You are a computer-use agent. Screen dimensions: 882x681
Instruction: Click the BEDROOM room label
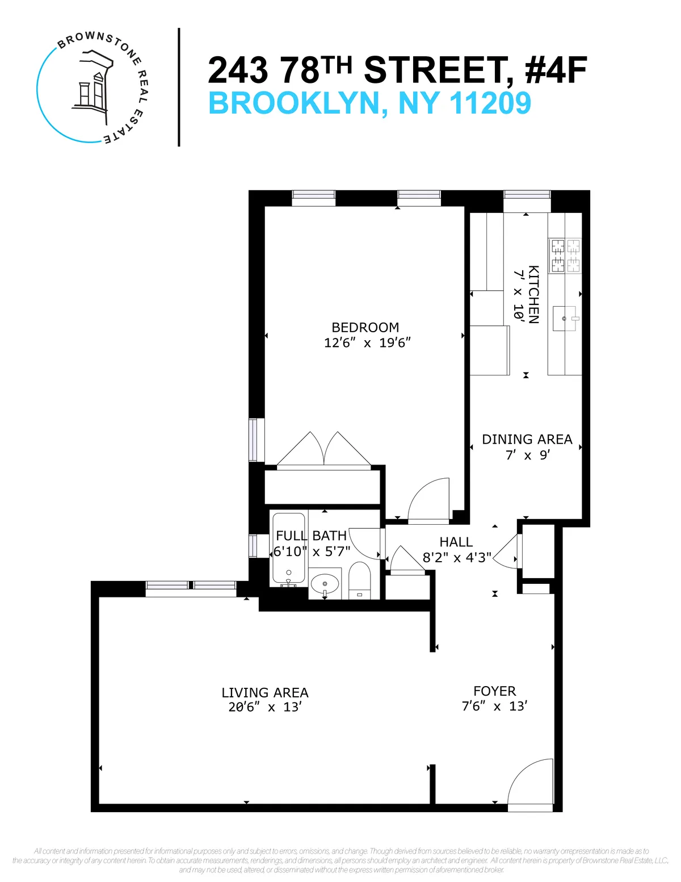pyautogui.click(x=365, y=328)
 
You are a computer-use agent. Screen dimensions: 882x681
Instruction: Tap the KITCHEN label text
pyautogui.click(x=533, y=294)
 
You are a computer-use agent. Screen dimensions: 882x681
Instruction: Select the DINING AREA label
pyautogui.click(x=527, y=440)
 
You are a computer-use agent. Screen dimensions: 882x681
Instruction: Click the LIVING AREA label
pyautogui.click(x=265, y=693)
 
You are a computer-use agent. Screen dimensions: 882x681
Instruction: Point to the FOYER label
pyautogui.click(x=494, y=691)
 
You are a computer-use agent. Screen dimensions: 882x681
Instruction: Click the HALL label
pyautogui.click(x=456, y=542)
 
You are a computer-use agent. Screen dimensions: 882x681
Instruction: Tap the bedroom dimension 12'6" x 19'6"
pyautogui.click(x=367, y=343)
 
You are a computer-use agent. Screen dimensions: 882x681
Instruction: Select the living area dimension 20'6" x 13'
pyautogui.click(x=265, y=708)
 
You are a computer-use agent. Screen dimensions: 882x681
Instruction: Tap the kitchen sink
pyautogui.click(x=565, y=319)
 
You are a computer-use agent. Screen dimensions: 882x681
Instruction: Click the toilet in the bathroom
pyautogui.click(x=359, y=580)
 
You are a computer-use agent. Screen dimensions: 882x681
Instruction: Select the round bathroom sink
pyautogui.click(x=325, y=584)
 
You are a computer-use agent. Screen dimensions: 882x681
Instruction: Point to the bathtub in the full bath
pyautogui.click(x=289, y=550)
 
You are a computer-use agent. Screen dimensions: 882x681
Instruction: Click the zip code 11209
pyautogui.click(x=490, y=103)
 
